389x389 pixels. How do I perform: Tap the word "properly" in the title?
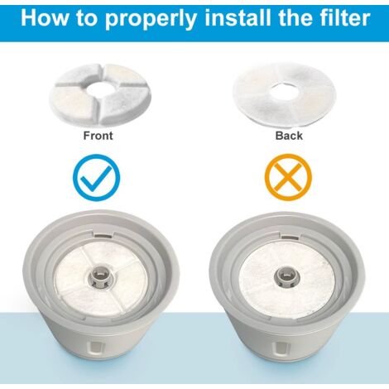pos(151,20)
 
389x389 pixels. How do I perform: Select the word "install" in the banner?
pos(237,17)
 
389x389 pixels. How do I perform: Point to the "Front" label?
pos(98,136)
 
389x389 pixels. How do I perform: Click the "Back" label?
pos(289,136)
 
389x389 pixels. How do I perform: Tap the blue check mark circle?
pos(97,177)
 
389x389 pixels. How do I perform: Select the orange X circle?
pos(288,177)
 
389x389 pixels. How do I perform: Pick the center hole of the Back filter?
pos(283,91)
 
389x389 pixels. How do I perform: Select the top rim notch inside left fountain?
pos(104,235)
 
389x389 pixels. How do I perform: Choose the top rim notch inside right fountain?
pos(291,236)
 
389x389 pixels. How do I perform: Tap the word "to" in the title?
pos(88,18)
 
